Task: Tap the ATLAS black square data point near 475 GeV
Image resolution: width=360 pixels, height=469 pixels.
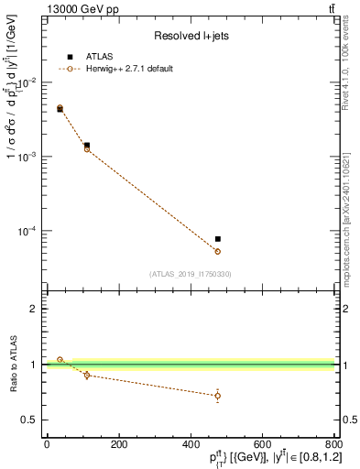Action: [x=217, y=239]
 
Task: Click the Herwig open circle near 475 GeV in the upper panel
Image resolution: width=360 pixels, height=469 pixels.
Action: [x=217, y=251]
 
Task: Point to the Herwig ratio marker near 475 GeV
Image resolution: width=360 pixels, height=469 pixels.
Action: [x=217, y=396]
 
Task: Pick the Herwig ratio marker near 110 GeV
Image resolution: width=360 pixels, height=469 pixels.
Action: [x=87, y=375]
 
